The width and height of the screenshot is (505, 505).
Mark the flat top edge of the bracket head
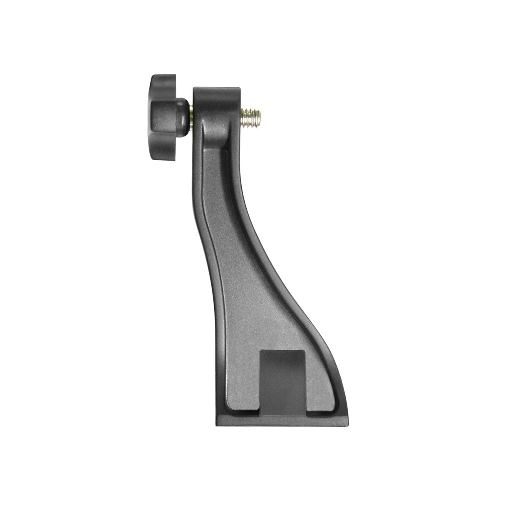point(216,88)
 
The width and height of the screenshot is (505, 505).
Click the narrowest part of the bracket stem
point(220,233)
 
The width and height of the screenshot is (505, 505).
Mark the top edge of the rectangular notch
point(283,351)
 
